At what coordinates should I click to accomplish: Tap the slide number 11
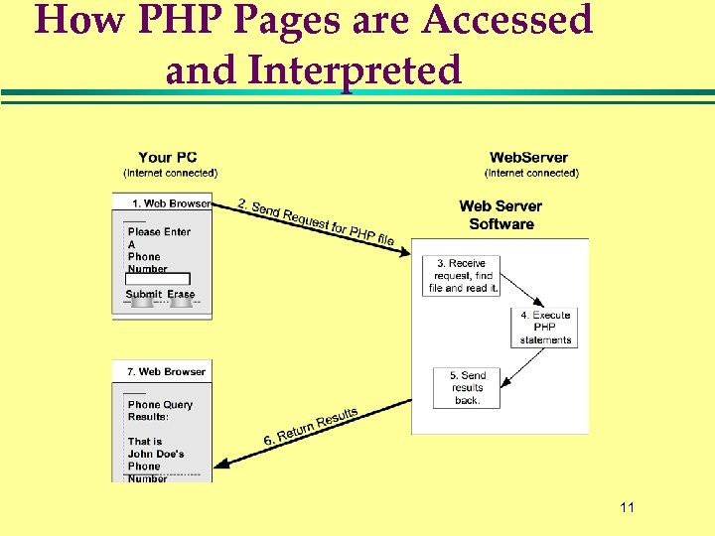626,508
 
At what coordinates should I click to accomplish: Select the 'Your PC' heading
168,157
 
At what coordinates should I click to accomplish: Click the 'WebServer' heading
529,157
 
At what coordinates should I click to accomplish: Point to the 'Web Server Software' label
500,214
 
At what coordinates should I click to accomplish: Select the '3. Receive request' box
461,275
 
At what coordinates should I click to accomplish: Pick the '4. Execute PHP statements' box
544,327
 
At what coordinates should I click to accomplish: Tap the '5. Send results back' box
467,387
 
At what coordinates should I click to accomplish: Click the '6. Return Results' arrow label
310,426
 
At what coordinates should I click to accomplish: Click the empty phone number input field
157,280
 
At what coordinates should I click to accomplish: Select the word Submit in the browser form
144,294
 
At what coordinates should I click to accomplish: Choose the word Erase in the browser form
181,294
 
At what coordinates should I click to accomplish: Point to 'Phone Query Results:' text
159,410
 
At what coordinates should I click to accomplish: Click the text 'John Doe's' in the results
155,454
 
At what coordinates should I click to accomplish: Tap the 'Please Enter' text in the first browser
159,231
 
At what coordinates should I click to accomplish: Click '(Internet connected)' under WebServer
531,173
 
